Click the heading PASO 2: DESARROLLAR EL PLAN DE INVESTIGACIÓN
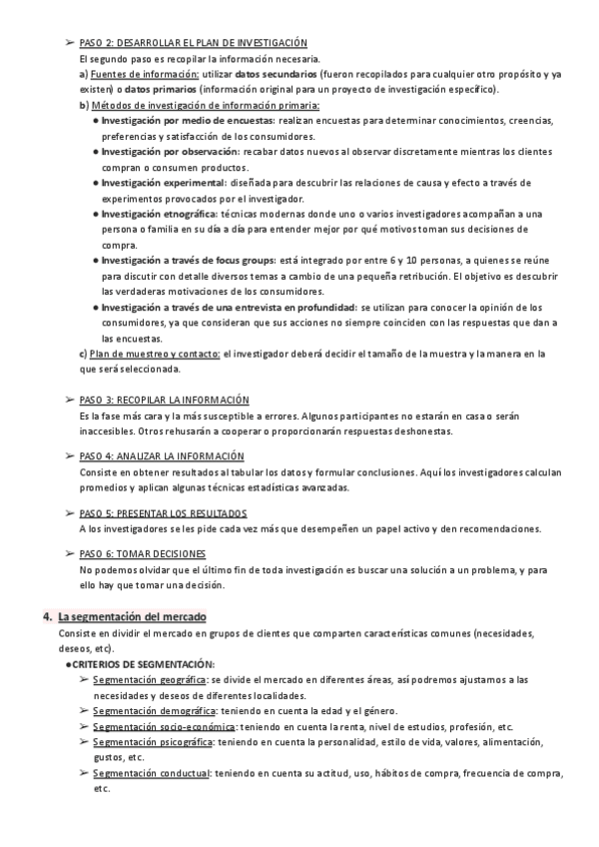(x=192, y=44)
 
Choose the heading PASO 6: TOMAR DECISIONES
(x=142, y=552)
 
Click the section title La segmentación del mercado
(x=131, y=617)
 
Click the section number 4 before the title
(x=46, y=617)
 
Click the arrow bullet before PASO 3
(x=69, y=400)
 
